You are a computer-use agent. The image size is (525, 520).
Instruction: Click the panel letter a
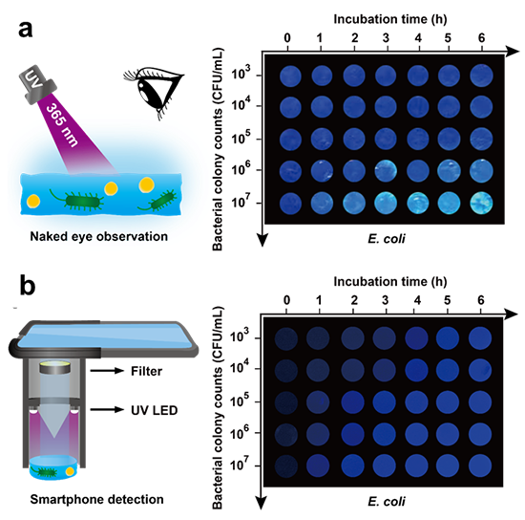click(25, 30)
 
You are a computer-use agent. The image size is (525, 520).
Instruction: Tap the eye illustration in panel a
click(153, 91)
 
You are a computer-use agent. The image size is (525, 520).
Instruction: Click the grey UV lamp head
click(37, 84)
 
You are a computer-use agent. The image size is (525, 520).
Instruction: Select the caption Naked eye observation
click(98, 236)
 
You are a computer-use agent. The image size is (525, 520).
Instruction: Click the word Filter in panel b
click(146, 371)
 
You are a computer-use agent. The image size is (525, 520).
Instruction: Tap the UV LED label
click(154, 410)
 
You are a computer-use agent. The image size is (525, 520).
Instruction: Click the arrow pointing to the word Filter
click(107, 371)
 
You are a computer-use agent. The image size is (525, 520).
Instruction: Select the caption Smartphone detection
click(96, 500)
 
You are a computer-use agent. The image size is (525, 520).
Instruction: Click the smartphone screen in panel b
click(106, 336)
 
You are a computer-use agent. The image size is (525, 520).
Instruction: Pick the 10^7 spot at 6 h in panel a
click(481, 203)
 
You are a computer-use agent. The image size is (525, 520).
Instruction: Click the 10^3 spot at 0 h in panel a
click(290, 76)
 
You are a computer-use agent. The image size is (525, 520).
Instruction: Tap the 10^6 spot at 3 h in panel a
click(386, 171)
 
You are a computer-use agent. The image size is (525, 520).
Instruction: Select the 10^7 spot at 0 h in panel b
click(286, 466)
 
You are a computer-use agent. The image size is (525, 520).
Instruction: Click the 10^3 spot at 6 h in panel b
click(480, 338)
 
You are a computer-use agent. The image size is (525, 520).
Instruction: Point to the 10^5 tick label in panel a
click(242, 139)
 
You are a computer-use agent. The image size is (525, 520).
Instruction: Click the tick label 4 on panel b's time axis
click(417, 300)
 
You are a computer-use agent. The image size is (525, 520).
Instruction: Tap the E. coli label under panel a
click(386, 238)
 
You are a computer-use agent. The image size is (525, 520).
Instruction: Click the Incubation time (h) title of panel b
click(390, 282)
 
